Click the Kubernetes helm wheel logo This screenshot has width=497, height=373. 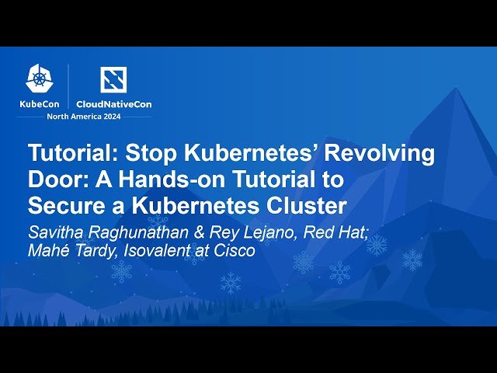click(39, 78)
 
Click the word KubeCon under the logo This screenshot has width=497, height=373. click(40, 103)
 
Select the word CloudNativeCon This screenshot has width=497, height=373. click(113, 103)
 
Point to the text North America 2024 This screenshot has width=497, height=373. click(83, 117)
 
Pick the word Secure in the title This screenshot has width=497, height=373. click(65, 206)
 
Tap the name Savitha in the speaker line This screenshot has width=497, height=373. click(57, 233)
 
